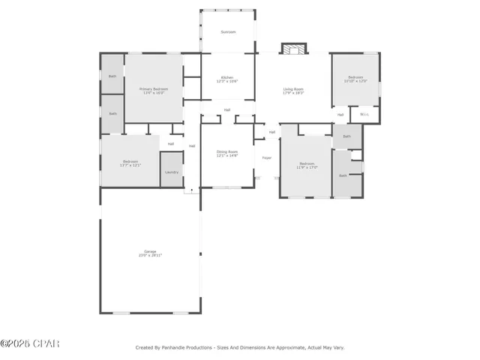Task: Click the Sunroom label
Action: point(228,32)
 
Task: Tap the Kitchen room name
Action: point(228,76)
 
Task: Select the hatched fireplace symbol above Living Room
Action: point(293,49)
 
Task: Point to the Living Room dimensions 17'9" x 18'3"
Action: point(293,93)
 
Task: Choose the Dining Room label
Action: point(227,151)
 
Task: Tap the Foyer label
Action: point(266,158)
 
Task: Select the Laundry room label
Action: point(171,172)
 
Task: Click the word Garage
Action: point(150,251)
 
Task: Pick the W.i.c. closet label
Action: point(364,115)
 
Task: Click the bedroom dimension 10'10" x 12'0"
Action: point(355,81)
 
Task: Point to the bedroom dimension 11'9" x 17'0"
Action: point(307,167)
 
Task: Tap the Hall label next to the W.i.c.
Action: point(340,115)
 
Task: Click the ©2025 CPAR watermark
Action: point(30,344)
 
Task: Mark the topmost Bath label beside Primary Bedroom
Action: point(112,76)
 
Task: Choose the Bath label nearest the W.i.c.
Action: point(346,136)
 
